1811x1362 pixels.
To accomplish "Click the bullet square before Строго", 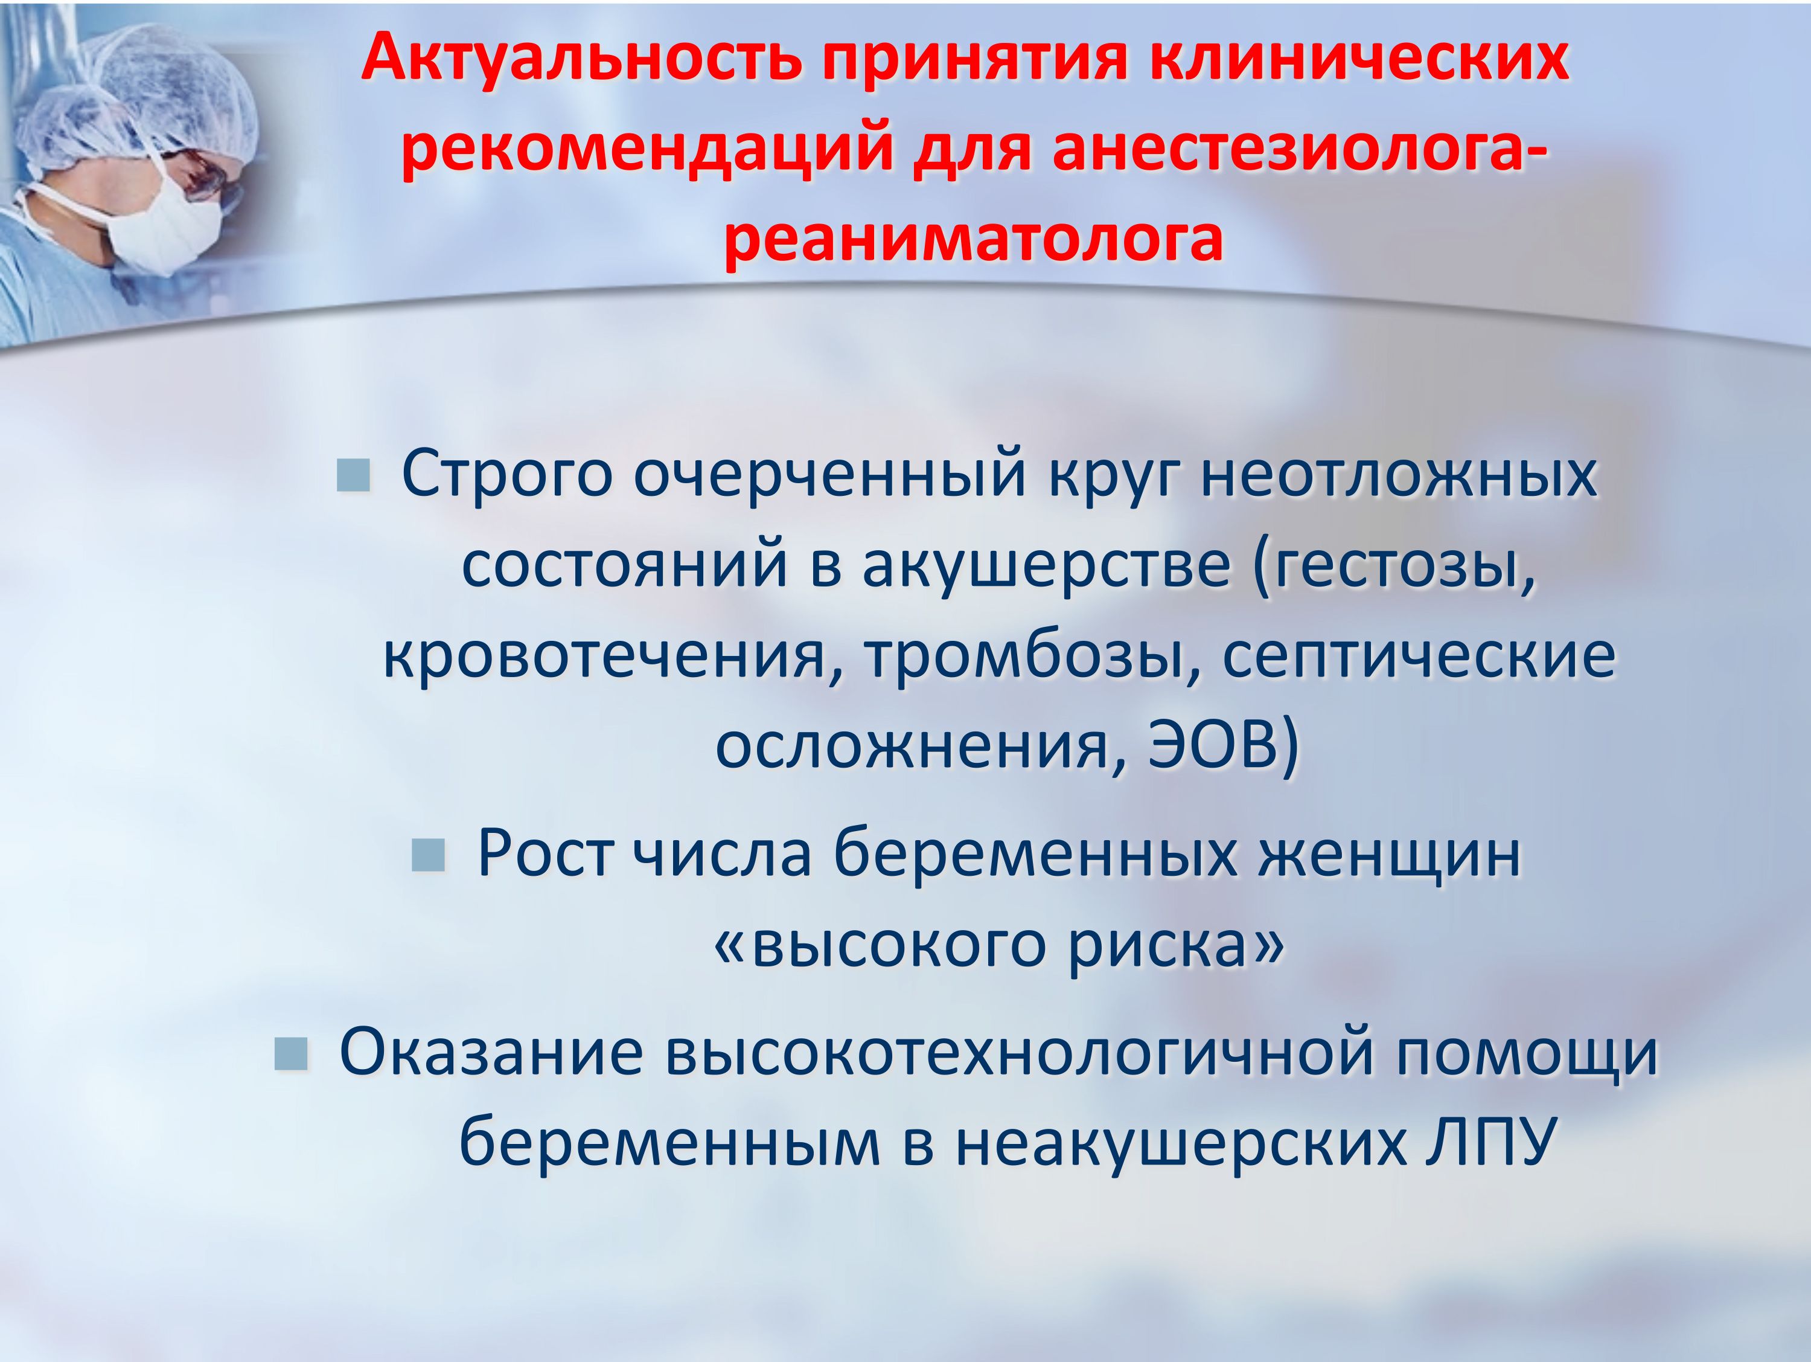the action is [354, 475].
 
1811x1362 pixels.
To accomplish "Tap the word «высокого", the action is [881, 946].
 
